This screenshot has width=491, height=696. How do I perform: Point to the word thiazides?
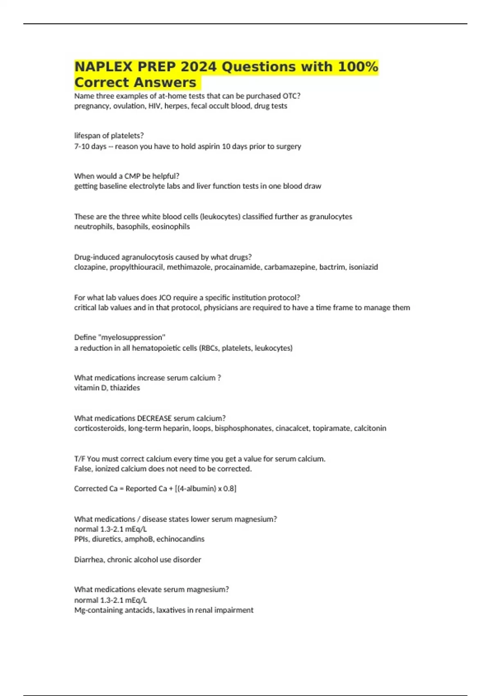tap(125, 388)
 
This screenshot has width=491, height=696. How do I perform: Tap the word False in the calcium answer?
tap(83, 469)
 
